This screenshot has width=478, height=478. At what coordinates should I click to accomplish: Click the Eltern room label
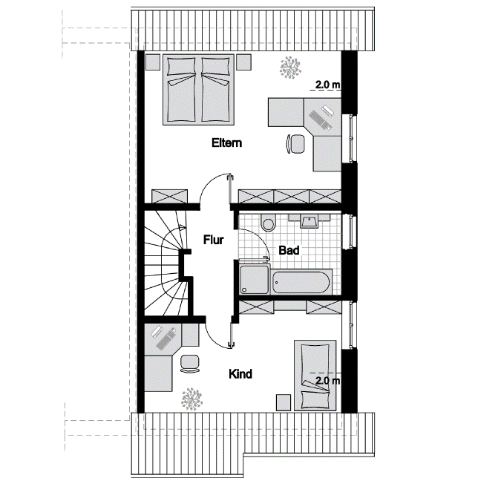pos(227,143)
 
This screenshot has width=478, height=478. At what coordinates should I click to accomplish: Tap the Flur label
pos(214,240)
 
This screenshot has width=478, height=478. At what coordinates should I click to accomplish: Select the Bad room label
pos(289,250)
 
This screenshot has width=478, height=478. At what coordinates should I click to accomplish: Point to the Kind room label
pos(240,374)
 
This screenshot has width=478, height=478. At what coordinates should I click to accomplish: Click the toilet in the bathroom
pos(268,222)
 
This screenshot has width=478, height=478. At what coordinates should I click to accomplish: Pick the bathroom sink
pos(309,220)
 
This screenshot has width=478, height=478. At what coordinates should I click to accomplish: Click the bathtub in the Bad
pos(301,282)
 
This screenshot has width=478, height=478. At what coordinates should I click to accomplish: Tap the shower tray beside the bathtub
pos(255,280)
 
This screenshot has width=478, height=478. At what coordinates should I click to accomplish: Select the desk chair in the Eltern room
pos(295,143)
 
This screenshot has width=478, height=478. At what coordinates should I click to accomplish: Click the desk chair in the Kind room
pos(189,364)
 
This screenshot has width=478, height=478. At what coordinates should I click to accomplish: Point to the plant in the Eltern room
pos(290,68)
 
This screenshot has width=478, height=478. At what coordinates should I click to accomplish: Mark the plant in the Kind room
pos(191,399)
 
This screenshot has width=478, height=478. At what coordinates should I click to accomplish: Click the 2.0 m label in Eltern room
pos(328,85)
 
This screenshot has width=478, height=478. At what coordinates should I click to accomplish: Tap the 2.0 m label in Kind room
pos(328,381)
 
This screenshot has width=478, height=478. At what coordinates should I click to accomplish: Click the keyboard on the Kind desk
pos(166,338)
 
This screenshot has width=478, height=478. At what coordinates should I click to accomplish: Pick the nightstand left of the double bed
pos(152,62)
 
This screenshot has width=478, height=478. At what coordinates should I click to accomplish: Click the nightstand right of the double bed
pos(244,62)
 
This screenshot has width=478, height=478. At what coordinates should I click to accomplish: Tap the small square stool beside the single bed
pos(284,402)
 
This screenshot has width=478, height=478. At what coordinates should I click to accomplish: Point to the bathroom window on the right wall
pos(350,232)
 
